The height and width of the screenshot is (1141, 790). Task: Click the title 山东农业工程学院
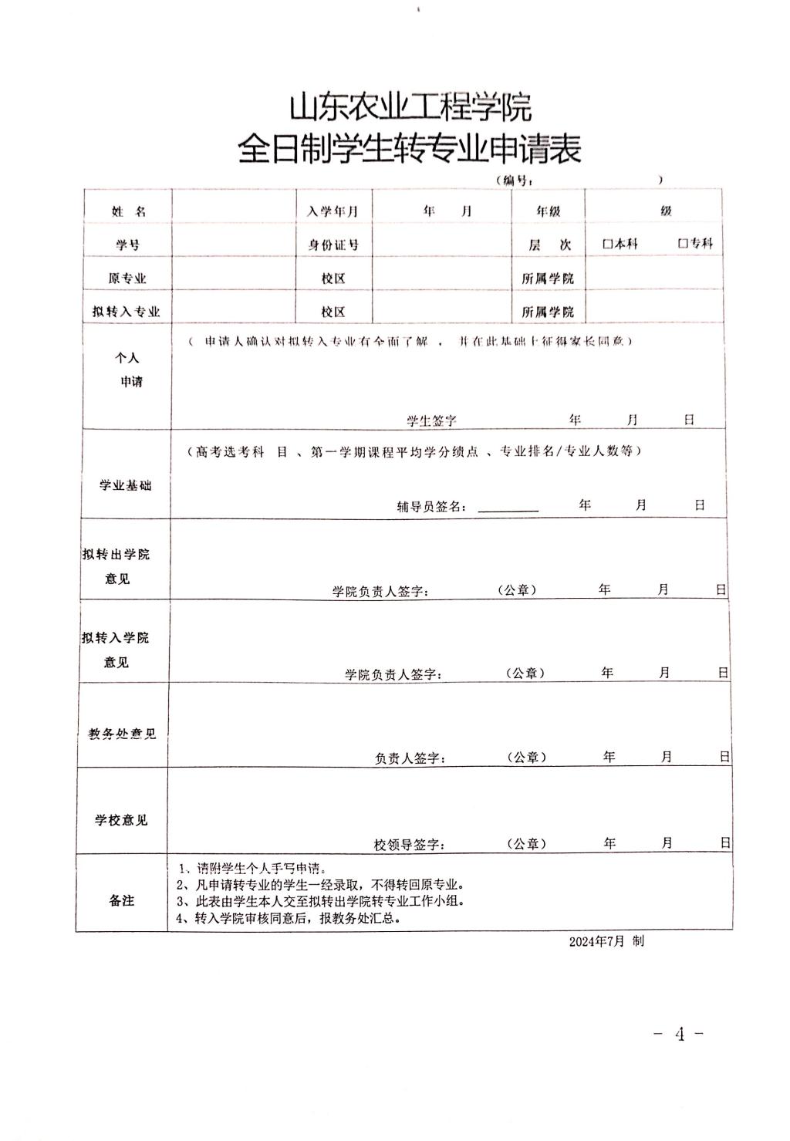pos(410,108)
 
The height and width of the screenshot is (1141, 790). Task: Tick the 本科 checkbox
pos(608,244)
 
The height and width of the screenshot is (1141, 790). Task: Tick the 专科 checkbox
pos(683,244)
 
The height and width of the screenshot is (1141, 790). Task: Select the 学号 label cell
pos(128,245)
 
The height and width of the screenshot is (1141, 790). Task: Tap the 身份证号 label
pos(333,245)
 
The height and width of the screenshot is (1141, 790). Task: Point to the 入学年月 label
pos(333,211)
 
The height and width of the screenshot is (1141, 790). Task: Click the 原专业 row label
pos(127,278)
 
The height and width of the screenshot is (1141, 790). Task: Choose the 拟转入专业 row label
pos(126,312)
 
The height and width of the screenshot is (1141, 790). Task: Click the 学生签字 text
pos(432,420)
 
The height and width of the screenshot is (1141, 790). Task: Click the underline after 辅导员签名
pos(508,510)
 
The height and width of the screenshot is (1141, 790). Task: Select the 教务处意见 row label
pos(122,734)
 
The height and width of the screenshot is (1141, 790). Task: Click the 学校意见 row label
pos(121,820)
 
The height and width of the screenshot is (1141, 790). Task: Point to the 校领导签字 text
pos(409,845)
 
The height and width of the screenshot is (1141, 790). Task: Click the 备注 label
pos(122,900)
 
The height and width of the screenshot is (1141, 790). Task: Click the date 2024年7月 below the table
pos(596,942)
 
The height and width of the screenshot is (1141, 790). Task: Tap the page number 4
pos(679,1035)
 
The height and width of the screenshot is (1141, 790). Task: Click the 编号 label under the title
pos(514,180)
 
